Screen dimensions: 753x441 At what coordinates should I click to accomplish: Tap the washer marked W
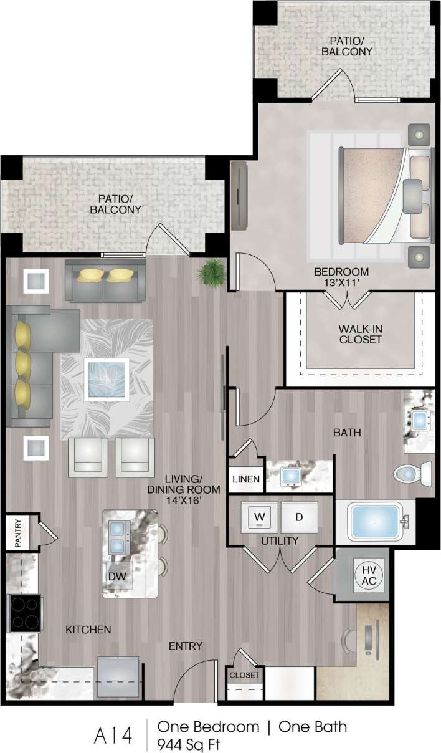pyautogui.click(x=259, y=516)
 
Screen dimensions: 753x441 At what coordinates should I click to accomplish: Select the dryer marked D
pyautogui.click(x=298, y=517)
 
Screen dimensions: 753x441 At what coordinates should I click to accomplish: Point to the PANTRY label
pyautogui.click(x=18, y=534)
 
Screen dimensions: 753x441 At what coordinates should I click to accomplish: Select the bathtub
pyautogui.click(x=375, y=522)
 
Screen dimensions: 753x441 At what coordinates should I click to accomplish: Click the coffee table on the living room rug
pyautogui.click(x=107, y=379)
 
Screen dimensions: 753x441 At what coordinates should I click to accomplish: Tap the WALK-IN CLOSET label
pyautogui.click(x=360, y=333)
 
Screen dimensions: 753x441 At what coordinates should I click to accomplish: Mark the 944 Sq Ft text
pyautogui.click(x=189, y=743)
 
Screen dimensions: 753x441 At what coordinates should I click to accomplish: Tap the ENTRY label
pyautogui.click(x=186, y=646)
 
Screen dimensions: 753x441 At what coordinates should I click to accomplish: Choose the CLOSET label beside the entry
pyautogui.click(x=244, y=674)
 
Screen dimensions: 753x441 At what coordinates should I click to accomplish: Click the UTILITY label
pyautogui.click(x=280, y=540)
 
